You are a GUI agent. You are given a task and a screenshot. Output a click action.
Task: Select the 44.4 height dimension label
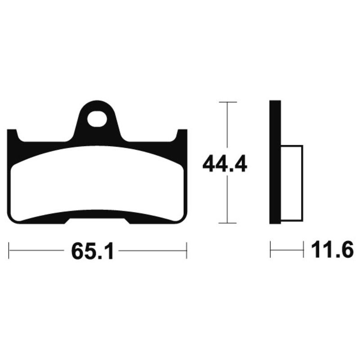pyautogui.click(x=225, y=163)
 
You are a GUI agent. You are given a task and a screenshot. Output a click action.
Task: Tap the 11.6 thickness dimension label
pyautogui.click(x=332, y=250)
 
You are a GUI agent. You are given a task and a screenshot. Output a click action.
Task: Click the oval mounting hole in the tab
pyautogui.click(x=97, y=119)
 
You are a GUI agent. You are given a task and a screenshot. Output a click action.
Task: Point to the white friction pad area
pyautogui.click(x=97, y=184)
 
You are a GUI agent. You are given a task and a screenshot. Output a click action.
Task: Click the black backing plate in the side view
pyautogui.click(x=275, y=162)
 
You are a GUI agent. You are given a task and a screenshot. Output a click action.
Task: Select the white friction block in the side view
pyautogui.click(x=292, y=183)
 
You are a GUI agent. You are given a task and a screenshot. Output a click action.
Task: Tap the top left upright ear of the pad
pyautogui.click(x=13, y=135)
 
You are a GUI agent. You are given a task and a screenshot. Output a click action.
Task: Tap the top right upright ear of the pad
pyautogui.click(x=182, y=135)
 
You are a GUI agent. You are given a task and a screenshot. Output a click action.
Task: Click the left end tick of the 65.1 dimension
pyautogui.click(x=9, y=250)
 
